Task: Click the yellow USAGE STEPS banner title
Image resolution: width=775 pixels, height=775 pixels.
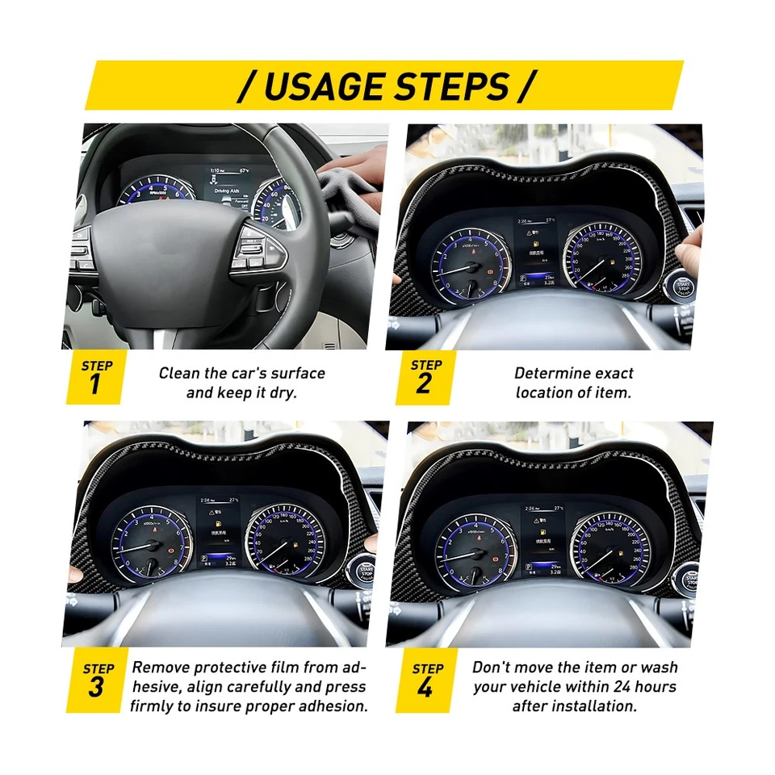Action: tap(386, 86)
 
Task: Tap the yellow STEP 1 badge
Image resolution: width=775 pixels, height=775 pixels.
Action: tap(96, 377)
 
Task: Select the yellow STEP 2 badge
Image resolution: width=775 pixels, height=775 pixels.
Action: tap(425, 377)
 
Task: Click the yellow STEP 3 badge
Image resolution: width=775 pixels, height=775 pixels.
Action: tap(98, 680)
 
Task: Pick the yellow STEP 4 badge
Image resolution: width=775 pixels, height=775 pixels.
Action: tap(427, 680)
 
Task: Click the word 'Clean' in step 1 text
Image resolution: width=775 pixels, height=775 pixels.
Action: tap(178, 373)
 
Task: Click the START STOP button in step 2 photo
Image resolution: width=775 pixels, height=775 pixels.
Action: tap(683, 285)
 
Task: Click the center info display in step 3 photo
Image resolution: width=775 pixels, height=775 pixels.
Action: tap(218, 534)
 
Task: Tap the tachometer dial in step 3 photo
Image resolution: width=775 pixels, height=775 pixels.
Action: tap(151, 542)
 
